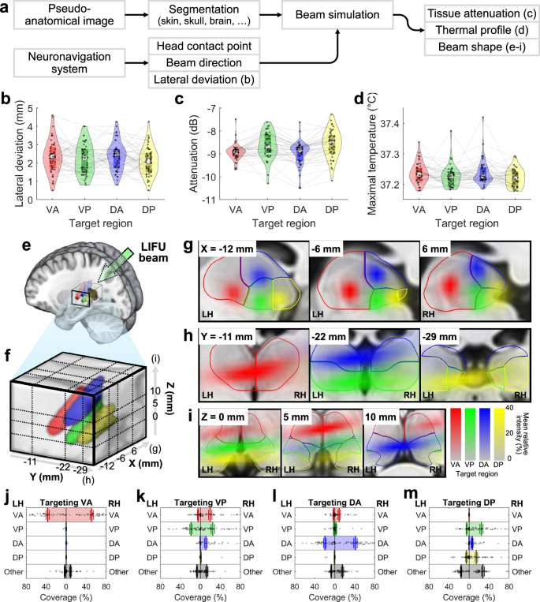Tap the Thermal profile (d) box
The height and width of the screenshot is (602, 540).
pyautogui.click(x=475, y=32)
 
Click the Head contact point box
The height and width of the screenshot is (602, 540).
pyautogui.click(x=205, y=47)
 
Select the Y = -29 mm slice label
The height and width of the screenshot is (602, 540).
pyautogui.click(x=440, y=337)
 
